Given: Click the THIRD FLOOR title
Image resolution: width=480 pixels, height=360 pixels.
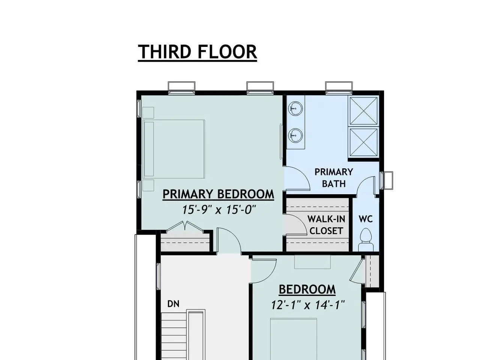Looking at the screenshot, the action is coord(197,52).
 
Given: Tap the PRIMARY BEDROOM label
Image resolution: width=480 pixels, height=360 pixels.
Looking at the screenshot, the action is coord(218,194).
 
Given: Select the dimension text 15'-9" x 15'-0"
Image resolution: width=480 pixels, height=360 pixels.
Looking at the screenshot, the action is coord(219,210).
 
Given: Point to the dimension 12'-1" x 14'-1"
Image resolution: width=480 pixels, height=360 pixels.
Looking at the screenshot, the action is coord(308,305).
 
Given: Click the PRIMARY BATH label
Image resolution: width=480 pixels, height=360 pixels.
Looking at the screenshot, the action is coord(334,178).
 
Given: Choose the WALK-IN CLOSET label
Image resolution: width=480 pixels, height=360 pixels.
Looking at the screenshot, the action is coord(326,225).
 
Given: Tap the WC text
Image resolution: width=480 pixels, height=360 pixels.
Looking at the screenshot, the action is coord(366,219).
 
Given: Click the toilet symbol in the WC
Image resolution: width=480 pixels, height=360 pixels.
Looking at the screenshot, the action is coord(366,240).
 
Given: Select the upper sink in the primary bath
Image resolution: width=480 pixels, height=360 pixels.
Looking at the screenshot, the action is coord(295,108).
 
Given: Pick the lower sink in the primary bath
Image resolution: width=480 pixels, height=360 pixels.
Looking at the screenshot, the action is coord(295,135).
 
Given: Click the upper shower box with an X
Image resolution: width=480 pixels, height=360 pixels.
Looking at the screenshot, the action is coord(363,111).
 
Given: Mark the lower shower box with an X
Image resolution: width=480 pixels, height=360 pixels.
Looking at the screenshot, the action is coord(363,142).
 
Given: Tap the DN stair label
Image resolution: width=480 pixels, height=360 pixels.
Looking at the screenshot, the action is coord(173,304).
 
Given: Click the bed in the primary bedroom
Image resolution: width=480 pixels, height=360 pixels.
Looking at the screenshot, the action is coord(174,149).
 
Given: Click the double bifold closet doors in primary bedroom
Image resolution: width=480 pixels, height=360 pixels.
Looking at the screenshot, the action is coord(185,226).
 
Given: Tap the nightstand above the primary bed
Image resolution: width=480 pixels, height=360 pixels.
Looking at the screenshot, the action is coord(148,112).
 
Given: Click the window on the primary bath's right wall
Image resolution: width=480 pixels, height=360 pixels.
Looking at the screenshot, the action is coord(386,180).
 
